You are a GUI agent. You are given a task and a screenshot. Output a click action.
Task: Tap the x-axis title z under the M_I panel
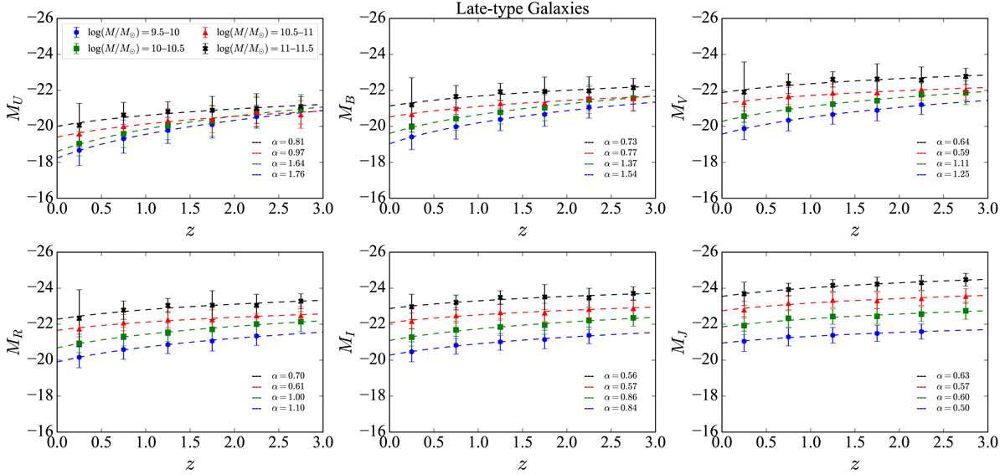pos(520,463)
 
